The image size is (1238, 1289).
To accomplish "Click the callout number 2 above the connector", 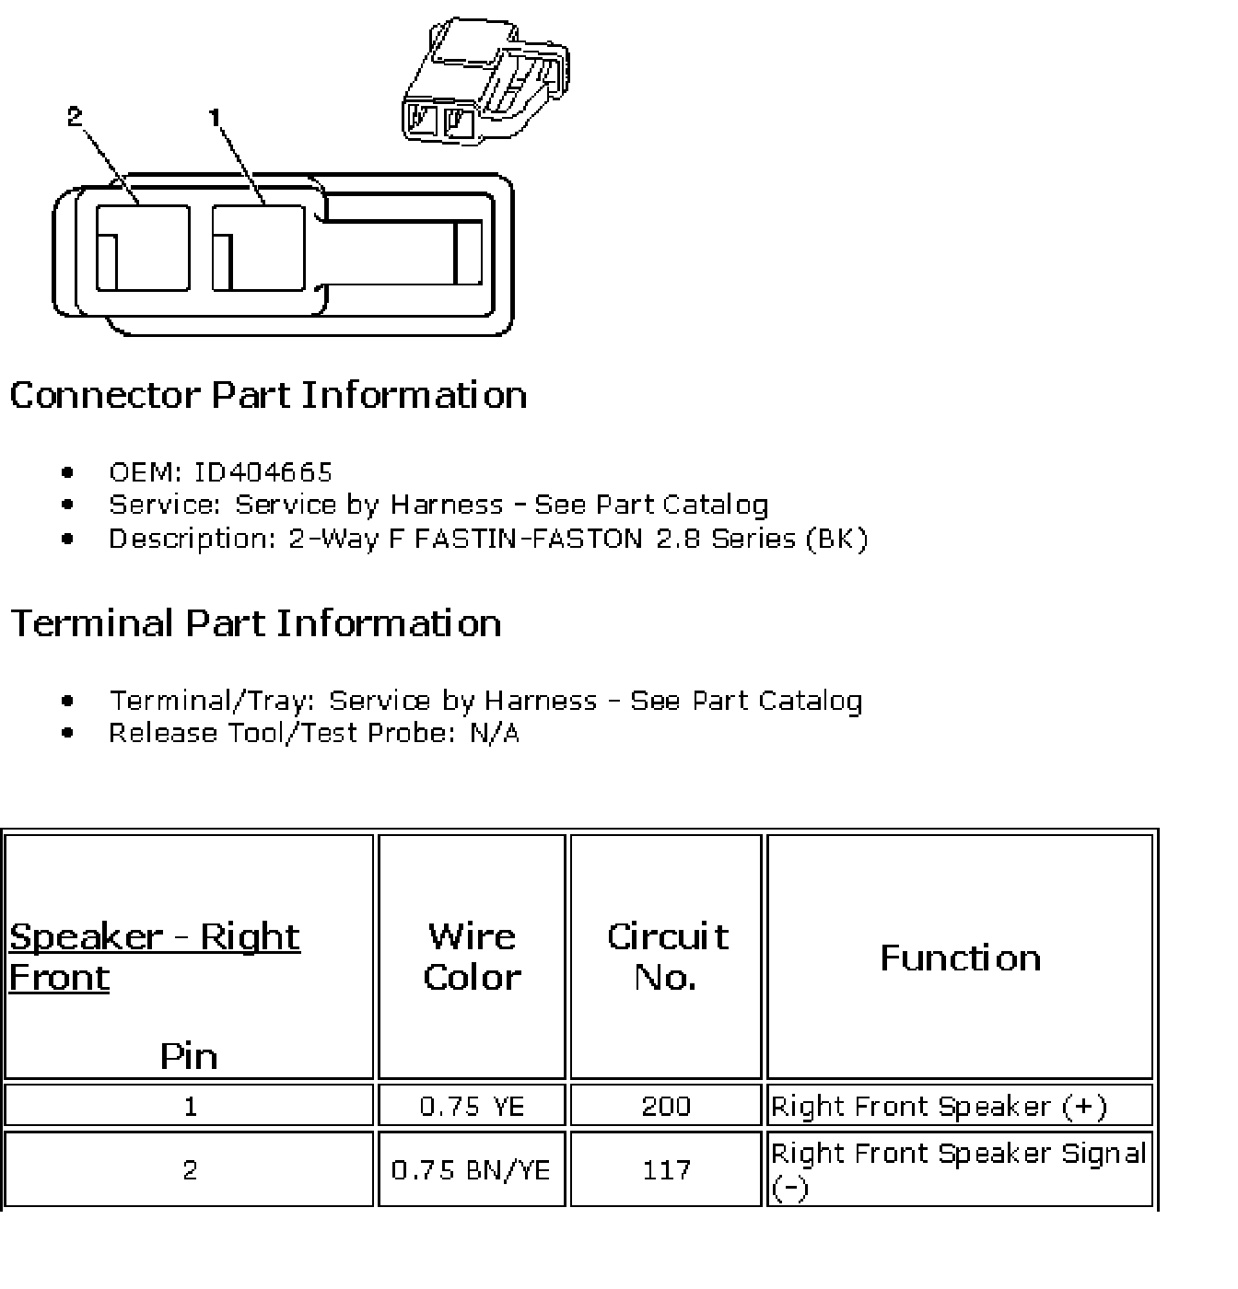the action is pyautogui.click(x=75, y=117).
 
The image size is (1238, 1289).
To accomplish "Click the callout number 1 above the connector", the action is pyautogui.click(x=215, y=117).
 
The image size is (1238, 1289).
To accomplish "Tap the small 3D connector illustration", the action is pyautogui.click(x=485, y=81).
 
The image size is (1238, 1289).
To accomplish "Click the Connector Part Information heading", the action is pyautogui.click(x=268, y=395).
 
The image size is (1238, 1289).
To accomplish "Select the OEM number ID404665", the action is pyautogui.click(x=263, y=472).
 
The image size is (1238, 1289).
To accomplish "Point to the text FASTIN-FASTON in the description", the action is pyautogui.click(x=528, y=539).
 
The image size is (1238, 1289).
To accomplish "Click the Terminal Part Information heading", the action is pyautogui.click(x=255, y=623).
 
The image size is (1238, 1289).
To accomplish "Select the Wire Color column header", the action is pyautogui.click(x=472, y=957).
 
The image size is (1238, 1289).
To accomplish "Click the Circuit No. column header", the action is pyautogui.click(x=666, y=957).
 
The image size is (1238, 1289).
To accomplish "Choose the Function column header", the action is pyautogui.click(x=960, y=958).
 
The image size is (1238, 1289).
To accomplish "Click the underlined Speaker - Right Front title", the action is pyautogui.click(x=154, y=957).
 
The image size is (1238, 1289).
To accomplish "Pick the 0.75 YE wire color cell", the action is pyautogui.click(x=472, y=1106).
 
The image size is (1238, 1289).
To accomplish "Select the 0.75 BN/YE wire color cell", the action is pyautogui.click(x=472, y=1170).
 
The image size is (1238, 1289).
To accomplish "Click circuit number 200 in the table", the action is pyautogui.click(x=666, y=1106).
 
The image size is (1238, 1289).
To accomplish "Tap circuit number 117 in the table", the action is pyautogui.click(x=666, y=1170).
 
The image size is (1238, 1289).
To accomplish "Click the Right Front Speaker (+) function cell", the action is pyautogui.click(x=939, y=1106).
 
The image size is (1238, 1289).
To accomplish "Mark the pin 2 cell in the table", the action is pyautogui.click(x=190, y=1170).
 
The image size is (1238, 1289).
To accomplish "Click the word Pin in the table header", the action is pyautogui.click(x=189, y=1056).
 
